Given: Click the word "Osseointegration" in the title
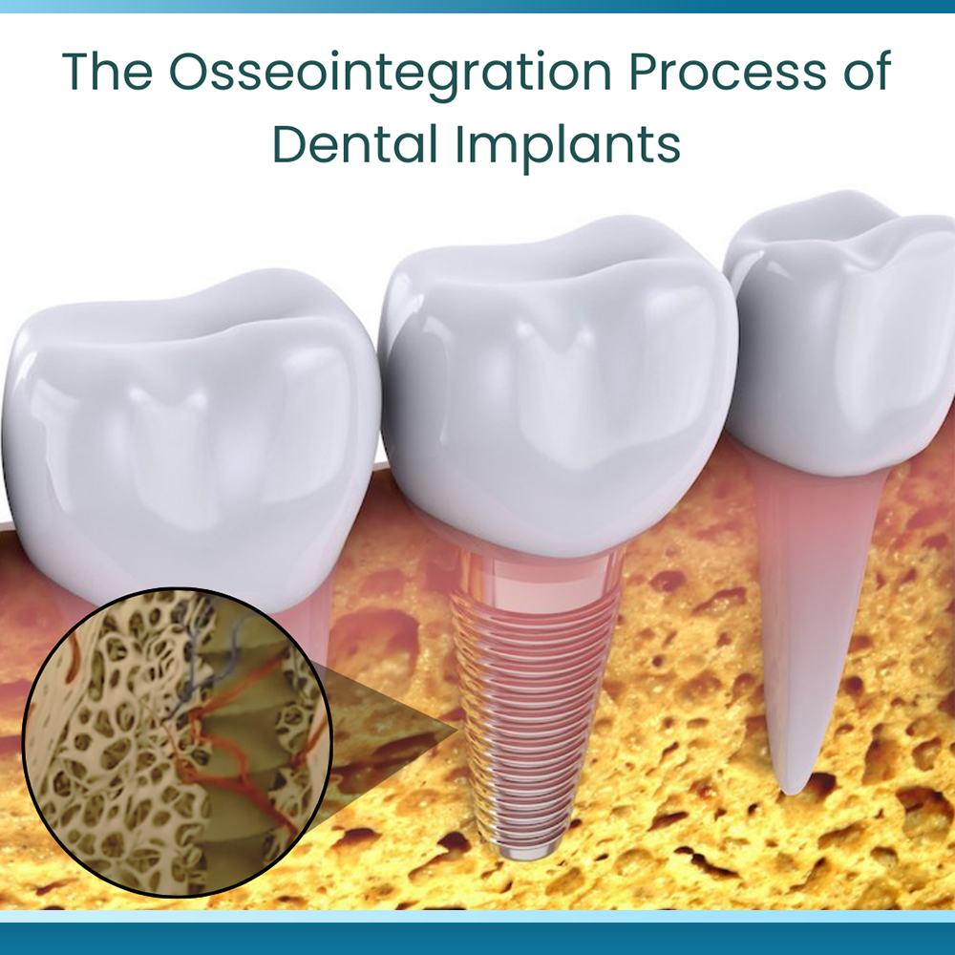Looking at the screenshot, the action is tap(390, 74).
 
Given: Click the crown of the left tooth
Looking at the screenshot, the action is tap(189, 438).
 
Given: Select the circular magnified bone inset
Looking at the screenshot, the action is tap(178, 742).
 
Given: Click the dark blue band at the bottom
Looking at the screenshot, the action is tap(477, 939).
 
